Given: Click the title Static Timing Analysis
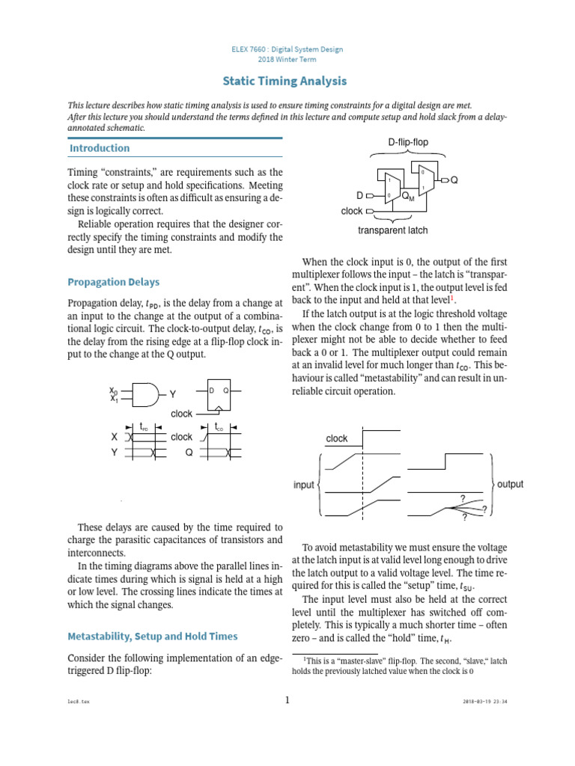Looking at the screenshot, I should point(287,81).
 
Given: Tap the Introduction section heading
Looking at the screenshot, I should point(100,148).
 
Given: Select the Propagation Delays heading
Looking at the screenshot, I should point(113,282).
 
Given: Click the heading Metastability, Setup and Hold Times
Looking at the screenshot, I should point(153,636).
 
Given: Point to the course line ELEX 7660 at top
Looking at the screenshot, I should point(287,49).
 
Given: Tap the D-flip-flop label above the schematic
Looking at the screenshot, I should point(408,142).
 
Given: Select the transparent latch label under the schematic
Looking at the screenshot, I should point(393,230).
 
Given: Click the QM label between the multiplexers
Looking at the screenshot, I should point(408,196).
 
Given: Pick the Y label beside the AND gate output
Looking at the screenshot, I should point(173,393).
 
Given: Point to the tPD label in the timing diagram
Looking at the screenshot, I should point(144,426).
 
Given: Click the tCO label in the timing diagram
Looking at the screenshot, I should point(219,426).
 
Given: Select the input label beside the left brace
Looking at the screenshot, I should point(303,485).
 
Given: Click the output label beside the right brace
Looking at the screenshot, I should point(510,484).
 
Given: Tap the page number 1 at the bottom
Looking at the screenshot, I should point(287,700).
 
